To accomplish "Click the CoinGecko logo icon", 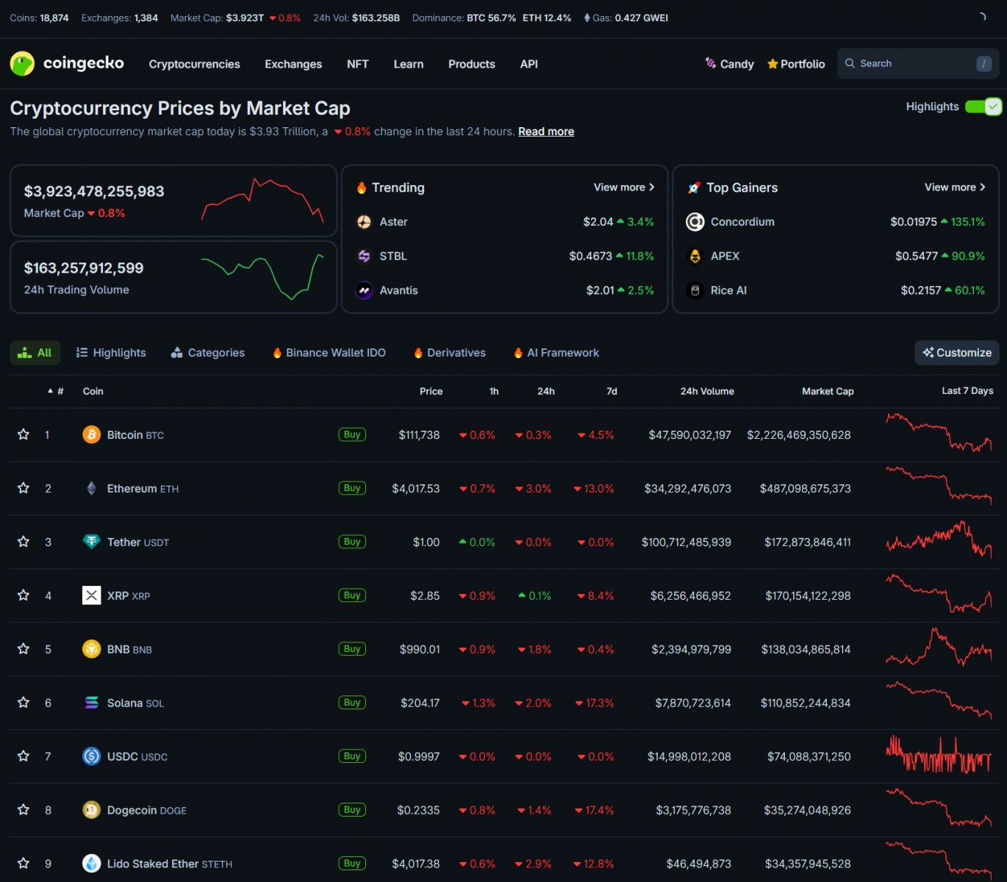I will click(22, 64).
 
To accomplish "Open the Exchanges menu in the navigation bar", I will click(293, 65).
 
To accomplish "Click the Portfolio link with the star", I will click(796, 65).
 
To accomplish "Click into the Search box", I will click(911, 64).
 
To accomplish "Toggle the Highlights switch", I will click(983, 107).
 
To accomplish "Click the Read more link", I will click(546, 132).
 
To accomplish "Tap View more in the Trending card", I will click(623, 187).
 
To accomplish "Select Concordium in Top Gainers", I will click(742, 222).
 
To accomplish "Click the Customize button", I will click(957, 353).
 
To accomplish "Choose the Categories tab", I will click(208, 353).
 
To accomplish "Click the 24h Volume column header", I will click(706, 391).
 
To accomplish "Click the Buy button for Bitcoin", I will click(352, 434).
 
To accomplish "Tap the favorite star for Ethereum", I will click(24, 488).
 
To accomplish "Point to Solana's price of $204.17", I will click(420, 703).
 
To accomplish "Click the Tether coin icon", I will click(91, 542).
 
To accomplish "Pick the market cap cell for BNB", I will click(806, 650).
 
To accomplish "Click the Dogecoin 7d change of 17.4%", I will click(595, 811).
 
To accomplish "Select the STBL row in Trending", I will click(393, 257).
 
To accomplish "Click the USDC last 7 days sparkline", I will click(939, 756).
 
